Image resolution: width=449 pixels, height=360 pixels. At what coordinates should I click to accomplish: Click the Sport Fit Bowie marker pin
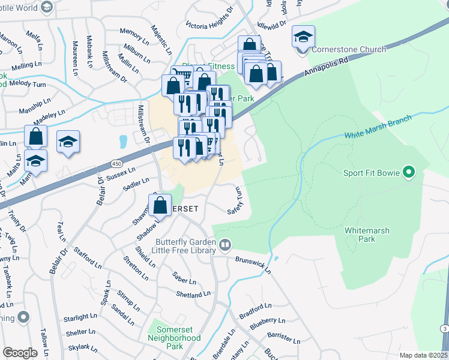click(x=409, y=173)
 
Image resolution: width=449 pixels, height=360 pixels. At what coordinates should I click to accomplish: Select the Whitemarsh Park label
click(x=368, y=234)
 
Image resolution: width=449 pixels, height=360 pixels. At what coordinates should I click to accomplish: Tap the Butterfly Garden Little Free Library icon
click(x=225, y=244)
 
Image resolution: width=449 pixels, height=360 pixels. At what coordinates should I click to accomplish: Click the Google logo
click(x=20, y=352)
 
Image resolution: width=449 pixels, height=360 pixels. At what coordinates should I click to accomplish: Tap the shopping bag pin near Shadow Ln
click(x=161, y=205)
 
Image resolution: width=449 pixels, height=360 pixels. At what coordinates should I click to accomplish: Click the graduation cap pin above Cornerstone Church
click(x=303, y=37)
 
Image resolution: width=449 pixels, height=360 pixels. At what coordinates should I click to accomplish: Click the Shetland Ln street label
click(x=193, y=295)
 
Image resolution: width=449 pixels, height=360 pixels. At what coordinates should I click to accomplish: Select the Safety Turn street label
click(x=235, y=201)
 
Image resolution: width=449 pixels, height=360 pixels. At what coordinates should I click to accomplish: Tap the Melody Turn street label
click(x=28, y=83)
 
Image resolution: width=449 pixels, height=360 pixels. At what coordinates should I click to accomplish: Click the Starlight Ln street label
click(x=80, y=317)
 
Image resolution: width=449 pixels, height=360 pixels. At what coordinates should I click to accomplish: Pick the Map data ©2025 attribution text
click(x=423, y=355)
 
